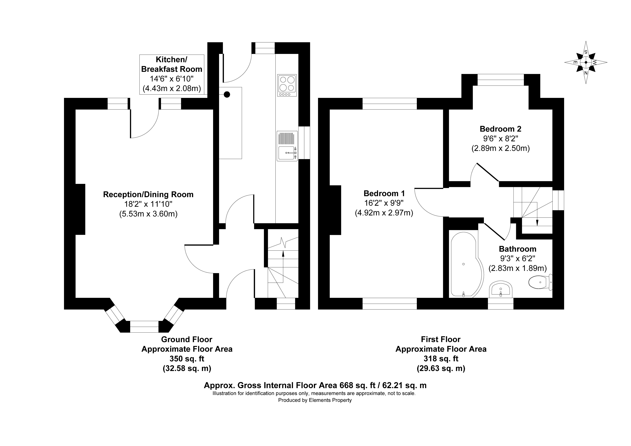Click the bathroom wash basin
pyautogui.click(x=500, y=289)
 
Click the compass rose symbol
pyautogui.click(x=586, y=62)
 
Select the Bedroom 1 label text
pyautogui.click(x=384, y=193)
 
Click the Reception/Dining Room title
pyautogui.click(x=148, y=194)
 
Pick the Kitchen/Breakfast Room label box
pyautogui.click(x=172, y=74)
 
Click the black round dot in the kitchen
pyautogui.click(x=227, y=94)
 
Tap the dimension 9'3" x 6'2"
pyautogui.click(x=517, y=258)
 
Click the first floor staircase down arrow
pyautogui.click(x=537, y=223)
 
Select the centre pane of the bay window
pyautogui.click(x=144, y=326)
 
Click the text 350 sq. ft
pyautogui.click(x=187, y=359)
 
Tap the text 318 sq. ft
pyautogui.click(x=441, y=359)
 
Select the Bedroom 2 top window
pyautogui.click(x=501, y=80)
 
